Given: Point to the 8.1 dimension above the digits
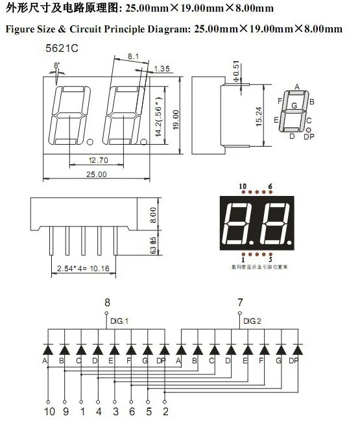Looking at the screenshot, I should click(134, 57).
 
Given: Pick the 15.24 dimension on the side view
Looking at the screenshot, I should click(258, 115).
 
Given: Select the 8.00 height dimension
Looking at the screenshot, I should click(152, 214).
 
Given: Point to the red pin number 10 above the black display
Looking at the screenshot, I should click(243, 186).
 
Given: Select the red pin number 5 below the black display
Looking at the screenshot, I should click(270, 260).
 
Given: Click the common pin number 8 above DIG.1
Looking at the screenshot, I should click(108, 302).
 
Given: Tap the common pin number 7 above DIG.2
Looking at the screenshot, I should click(241, 302).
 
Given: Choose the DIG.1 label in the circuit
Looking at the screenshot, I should click(119, 321).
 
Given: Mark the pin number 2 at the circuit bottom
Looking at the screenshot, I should click(165, 411).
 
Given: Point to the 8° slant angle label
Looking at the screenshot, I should click(57, 66).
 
